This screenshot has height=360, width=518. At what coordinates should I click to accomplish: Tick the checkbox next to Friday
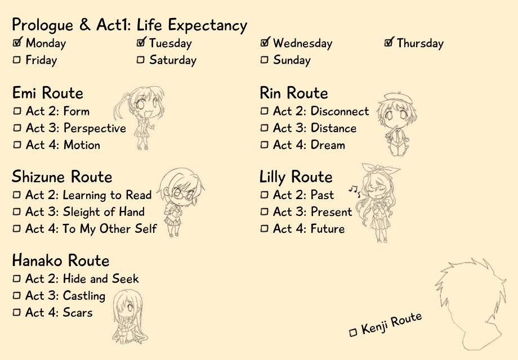coord(16,60)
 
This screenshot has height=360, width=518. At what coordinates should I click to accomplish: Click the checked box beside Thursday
coord(389,42)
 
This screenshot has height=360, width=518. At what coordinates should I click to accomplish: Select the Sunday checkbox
coord(264,60)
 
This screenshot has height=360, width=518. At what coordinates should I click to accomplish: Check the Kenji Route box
coord(353,332)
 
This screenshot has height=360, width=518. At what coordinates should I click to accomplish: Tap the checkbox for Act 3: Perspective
coord(17,128)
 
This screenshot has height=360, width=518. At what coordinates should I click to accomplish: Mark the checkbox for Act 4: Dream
coord(264,145)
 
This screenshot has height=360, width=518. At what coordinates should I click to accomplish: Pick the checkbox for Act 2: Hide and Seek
coord(16,278)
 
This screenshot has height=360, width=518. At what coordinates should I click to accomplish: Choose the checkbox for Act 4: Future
coord(264,228)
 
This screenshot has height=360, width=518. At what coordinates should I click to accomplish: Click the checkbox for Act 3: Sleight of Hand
coord(16,211)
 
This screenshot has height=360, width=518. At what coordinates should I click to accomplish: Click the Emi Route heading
coord(47,93)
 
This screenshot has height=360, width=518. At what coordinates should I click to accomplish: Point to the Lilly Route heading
coord(296,177)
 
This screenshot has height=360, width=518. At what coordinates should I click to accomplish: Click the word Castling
coord(84,296)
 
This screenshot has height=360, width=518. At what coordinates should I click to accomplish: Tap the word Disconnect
coord(340,111)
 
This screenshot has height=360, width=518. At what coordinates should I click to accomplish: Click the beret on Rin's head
coord(399,98)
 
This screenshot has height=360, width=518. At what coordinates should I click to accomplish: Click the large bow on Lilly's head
coord(380,170)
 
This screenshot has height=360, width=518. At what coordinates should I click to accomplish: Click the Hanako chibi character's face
coord(127,309)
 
